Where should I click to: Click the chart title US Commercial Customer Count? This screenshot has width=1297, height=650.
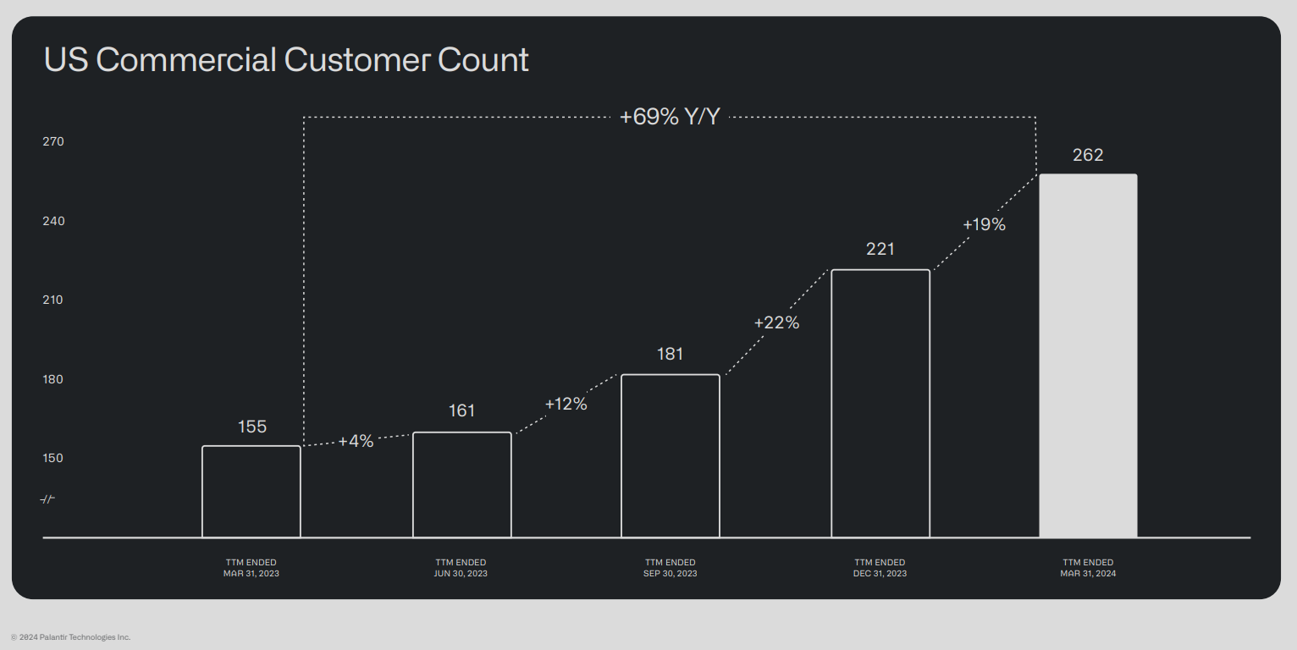pyautogui.click(x=286, y=60)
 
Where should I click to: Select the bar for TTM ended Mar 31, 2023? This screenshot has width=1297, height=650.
pyautogui.click(x=251, y=492)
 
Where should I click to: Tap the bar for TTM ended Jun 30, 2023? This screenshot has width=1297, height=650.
pyautogui.click(x=462, y=485)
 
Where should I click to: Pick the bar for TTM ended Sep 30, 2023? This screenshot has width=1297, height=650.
pyautogui.click(x=671, y=456)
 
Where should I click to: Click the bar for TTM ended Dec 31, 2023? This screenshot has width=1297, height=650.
pyautogui.click(x=880, y=404)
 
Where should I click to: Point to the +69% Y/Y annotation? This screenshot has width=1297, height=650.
pyautogui.click(x=670, y=117)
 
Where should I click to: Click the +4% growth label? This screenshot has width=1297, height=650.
pyautogui.click(x=356, y=441)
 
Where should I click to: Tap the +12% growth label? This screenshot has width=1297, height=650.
pyautogui.click(x=566, y=404)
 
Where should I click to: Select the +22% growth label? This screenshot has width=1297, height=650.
pyautogui.click(x=776, y=322)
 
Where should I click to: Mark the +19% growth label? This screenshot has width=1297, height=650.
pyautogui.click(x=984, y=224)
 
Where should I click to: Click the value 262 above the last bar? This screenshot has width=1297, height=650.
pyautogui.click(x=1088, y=155)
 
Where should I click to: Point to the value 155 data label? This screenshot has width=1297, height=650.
pyautogui.click(x=252, y=427)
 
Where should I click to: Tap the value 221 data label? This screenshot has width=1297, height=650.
pyautogui.click(x=880, y=249)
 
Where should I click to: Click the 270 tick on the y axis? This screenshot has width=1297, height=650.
pyautogui.click(x=53, y=141)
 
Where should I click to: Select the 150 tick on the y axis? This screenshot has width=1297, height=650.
pyautogui.click(x=53, y=458)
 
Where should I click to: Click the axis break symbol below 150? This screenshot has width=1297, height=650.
pyautogui.click(x=47, y=499)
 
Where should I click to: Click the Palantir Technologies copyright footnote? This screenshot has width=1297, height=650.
pyautogui.click(x=71, y=636)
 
